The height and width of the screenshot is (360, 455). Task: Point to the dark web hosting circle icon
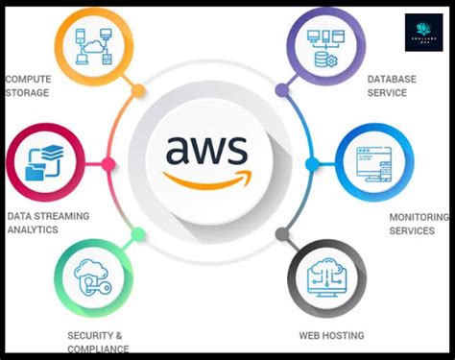click(x=326, y=279)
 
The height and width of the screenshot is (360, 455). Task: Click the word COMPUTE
click(x=28, y=79)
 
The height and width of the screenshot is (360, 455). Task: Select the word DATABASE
click(x=393, y=78)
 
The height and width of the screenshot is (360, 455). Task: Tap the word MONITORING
click(x=412, y=217)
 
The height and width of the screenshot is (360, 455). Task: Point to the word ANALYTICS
click(x=34, y=230)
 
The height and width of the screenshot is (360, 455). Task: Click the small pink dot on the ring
click(x=108, y=164)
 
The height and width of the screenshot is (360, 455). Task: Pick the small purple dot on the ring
click(x=281, y=91)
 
